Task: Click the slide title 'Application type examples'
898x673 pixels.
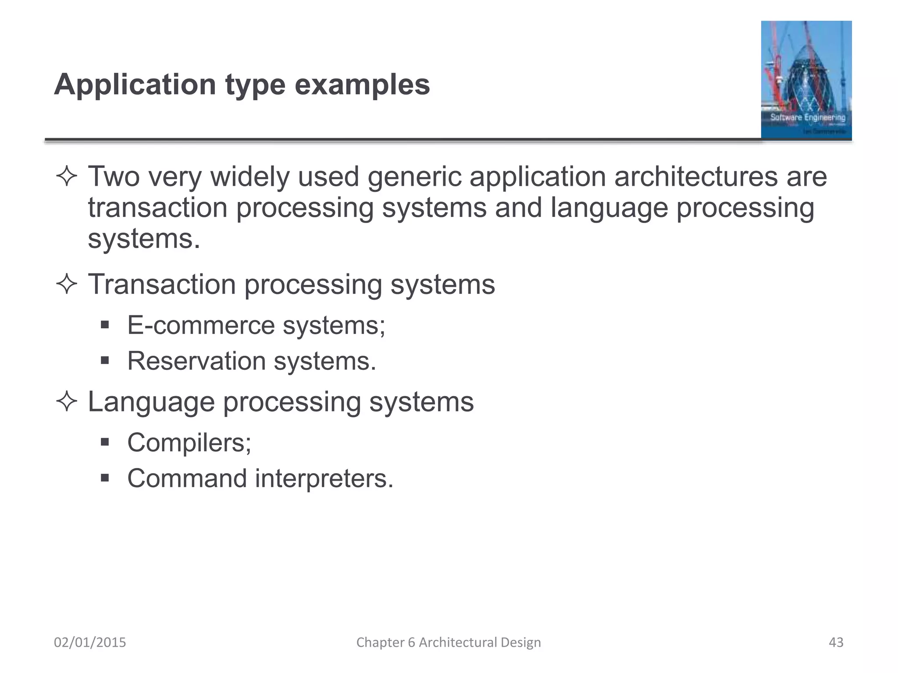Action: (x=242, y=84)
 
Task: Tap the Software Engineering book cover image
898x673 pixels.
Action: (x=806, y=80)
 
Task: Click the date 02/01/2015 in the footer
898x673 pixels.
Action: (x=90, y=642)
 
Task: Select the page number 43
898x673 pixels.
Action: (x=836, y=642)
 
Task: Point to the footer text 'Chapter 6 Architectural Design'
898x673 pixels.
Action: (x=449, y=642)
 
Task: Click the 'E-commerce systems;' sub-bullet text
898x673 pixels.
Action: (x=256, y=326)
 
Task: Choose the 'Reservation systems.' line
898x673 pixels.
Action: (x=252, y=361)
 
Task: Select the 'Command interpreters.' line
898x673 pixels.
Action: (x=260, y=478)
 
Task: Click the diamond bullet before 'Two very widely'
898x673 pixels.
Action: (x=67, y=177)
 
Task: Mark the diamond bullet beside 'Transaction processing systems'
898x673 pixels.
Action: (x=67, y=285)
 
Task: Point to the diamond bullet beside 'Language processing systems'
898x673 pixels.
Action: (x=67, y=402)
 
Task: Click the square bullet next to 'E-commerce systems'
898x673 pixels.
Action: (x=104, y=325)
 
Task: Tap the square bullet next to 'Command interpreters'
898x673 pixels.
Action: (x=104, y=478)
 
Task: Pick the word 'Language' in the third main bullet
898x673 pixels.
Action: (x=151, y=402)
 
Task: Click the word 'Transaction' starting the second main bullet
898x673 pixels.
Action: (x=162, y=285)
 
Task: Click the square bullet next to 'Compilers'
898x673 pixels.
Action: (x=104, y=442)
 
